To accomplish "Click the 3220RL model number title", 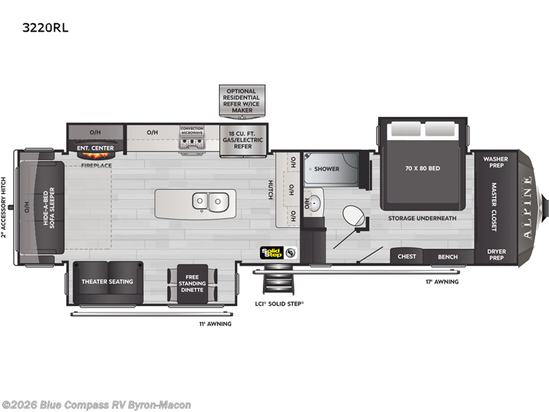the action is (x=45, y=27).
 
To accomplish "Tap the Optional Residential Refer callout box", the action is (x=242, y=100).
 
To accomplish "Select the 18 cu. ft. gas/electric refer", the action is (x=243, y=140).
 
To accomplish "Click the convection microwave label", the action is (x=192, y=130).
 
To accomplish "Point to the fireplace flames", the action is (x=95, y=154).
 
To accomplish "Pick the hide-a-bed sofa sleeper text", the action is (x=49, y=208).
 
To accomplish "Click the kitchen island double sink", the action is (x=211, y=202).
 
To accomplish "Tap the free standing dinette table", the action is (x=192, y=284).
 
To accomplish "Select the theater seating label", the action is (x=107, y=282).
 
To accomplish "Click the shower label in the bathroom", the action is (x=327, y=169).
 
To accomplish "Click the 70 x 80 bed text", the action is (x=423, y=168).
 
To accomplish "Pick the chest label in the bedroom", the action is (x=406, y=256).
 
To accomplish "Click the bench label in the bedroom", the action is (x=448, y=257).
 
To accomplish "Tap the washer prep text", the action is (x=495, y=162).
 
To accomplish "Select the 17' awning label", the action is (x=442, y=282).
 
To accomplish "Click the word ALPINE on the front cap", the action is (x=527, y=208).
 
